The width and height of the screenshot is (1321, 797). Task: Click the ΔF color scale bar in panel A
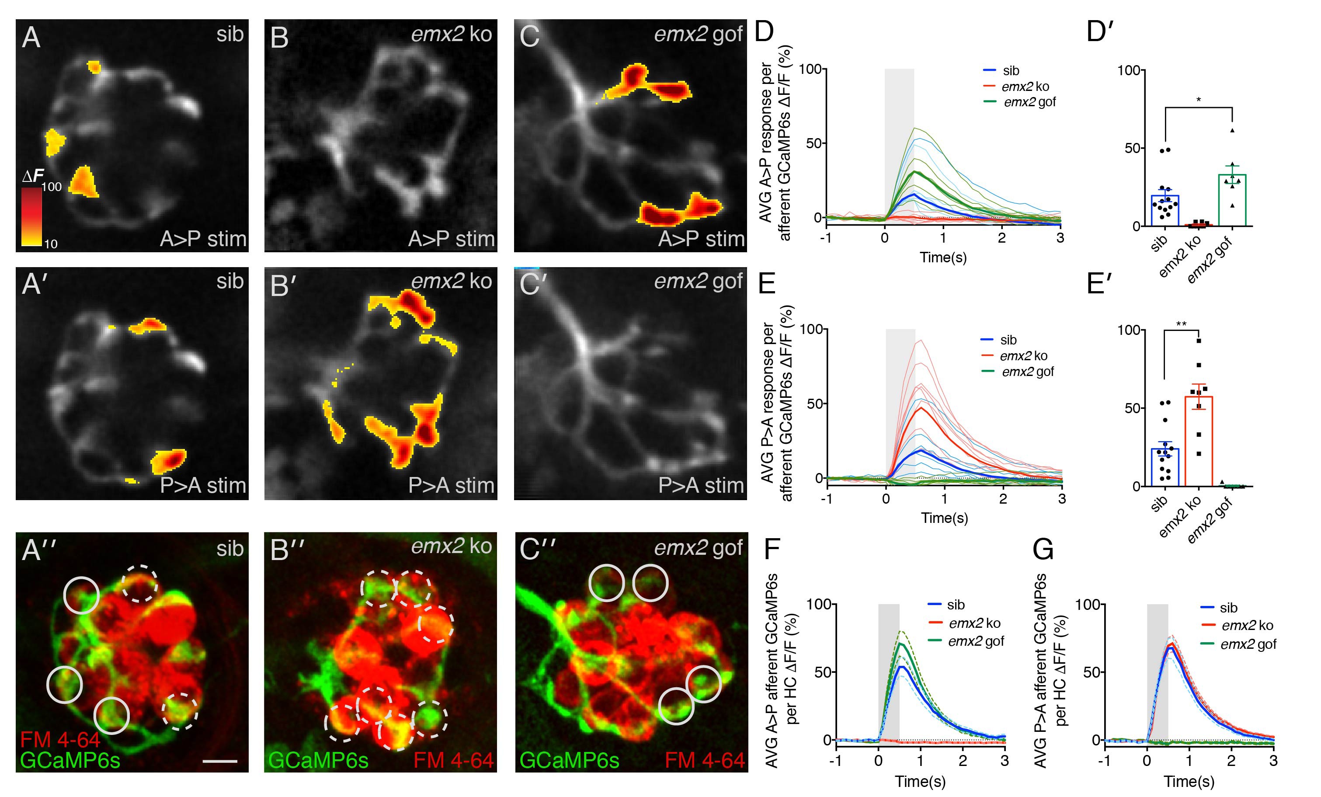(x=31, y=216)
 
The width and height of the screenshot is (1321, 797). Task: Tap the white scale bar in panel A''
(x=220, y=761)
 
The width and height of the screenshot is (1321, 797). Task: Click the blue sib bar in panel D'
(x=1165, y=210)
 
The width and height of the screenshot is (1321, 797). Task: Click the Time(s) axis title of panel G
(x=1189, y=781)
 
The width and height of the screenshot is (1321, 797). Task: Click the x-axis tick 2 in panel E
(x=1002, y=499)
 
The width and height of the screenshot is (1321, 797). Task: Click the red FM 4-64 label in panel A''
(x=60, y=740)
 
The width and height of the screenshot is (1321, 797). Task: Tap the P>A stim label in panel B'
(x=452, y=485)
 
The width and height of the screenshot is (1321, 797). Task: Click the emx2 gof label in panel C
(x=698, y=35)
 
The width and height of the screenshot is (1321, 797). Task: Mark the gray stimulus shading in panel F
(x=888, y=670)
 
